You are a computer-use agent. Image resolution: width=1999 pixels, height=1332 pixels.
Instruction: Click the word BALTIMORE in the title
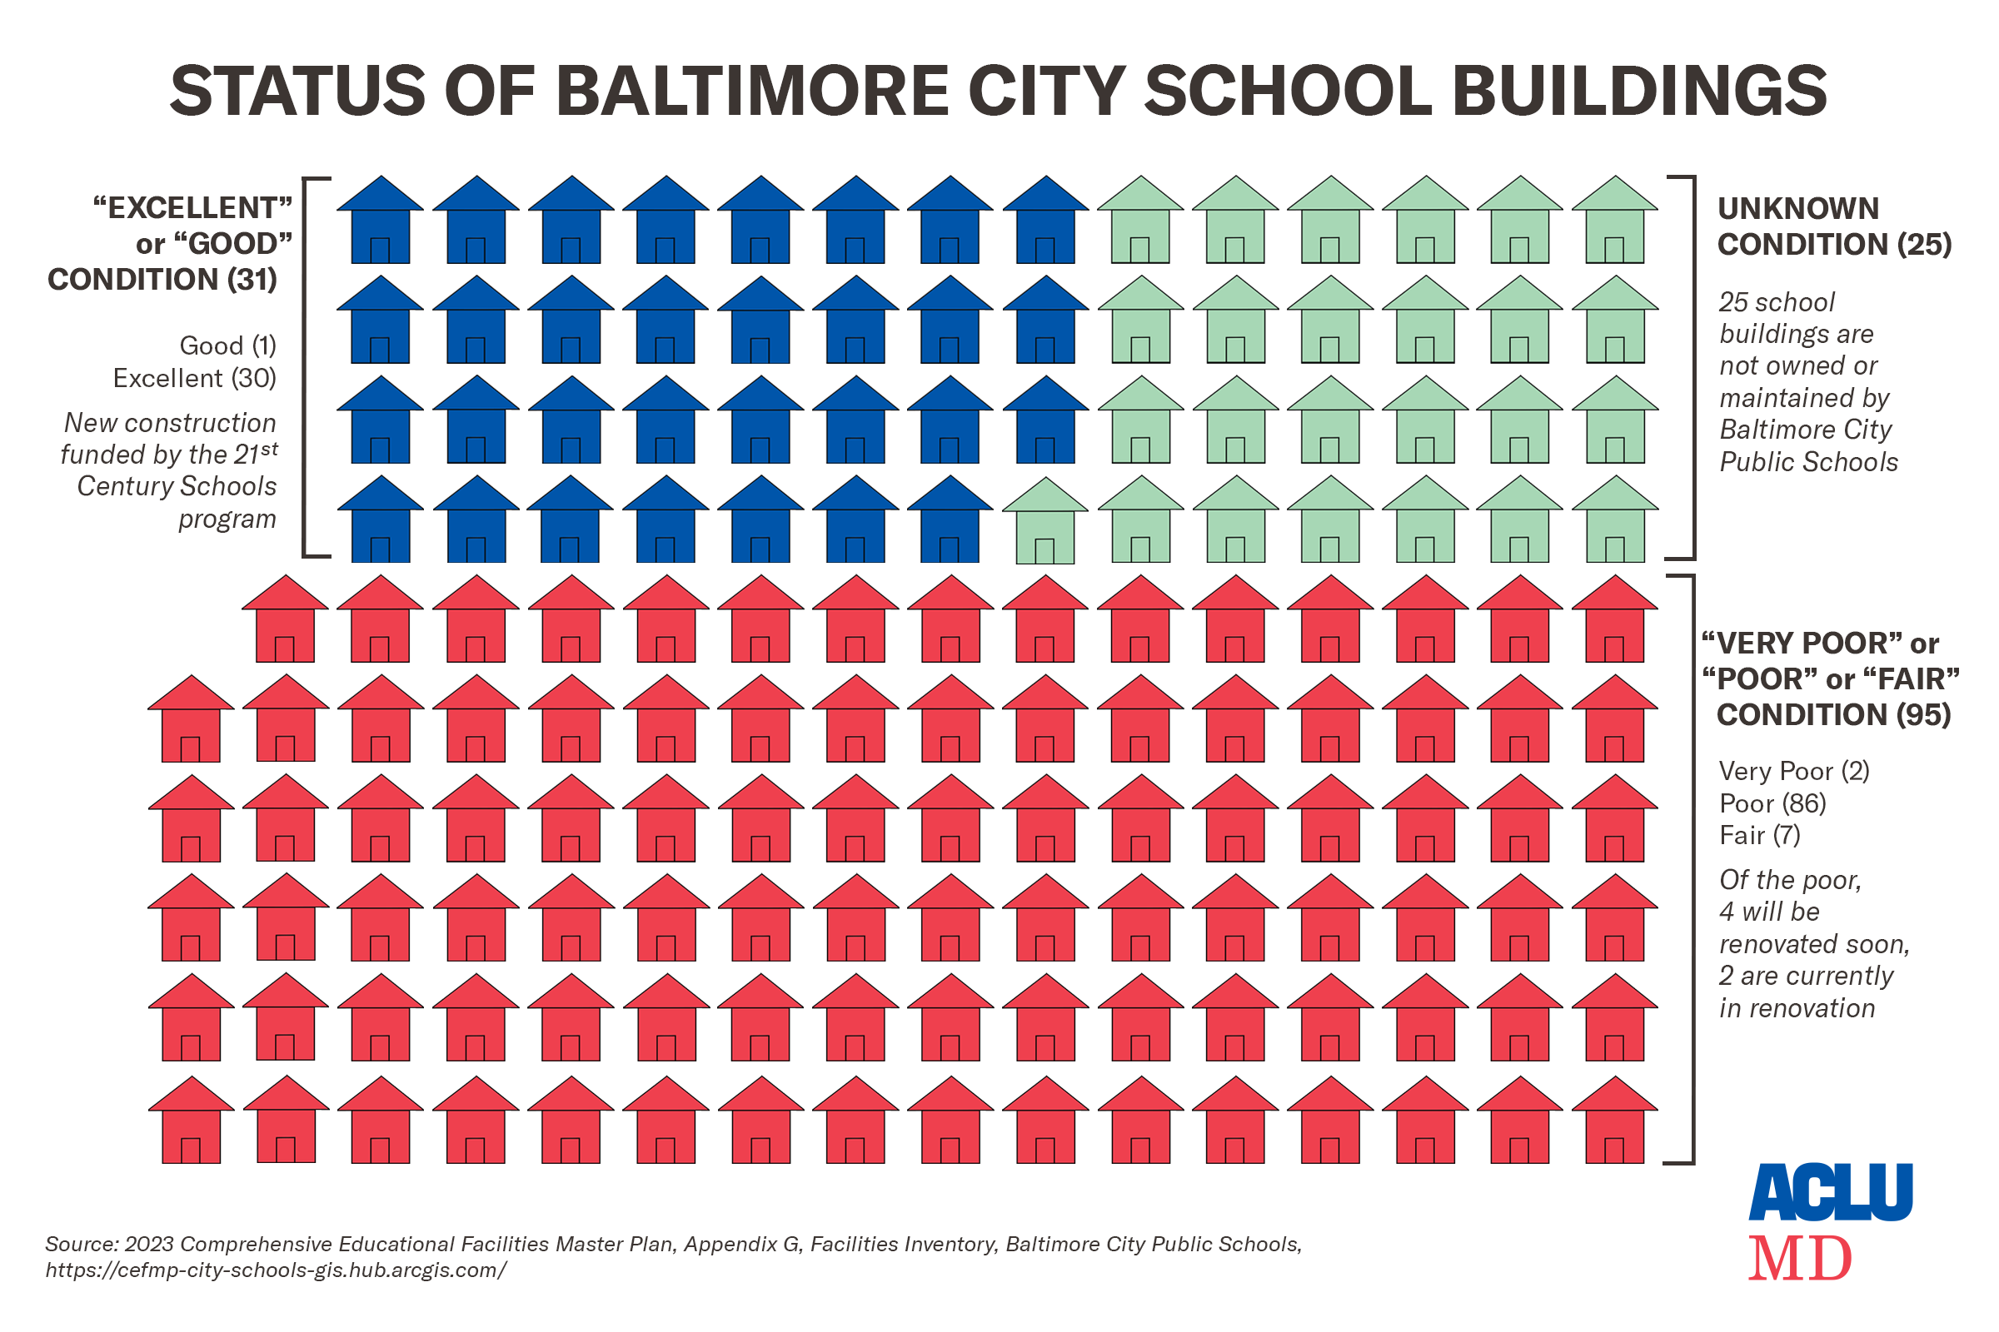click(x=751, y=91)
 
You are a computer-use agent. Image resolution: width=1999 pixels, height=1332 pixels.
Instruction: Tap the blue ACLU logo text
click(x=1831, y=1194)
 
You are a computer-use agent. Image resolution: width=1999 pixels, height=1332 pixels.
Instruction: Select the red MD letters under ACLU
click(x=1800, y=1259)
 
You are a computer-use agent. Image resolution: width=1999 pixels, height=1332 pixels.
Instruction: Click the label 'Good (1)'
click(x=227, y=345)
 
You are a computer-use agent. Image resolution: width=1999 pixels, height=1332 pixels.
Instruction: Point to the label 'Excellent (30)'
click(x=195, y=378)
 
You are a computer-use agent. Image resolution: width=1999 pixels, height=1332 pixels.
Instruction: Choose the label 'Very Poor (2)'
click(x=1793, y=772)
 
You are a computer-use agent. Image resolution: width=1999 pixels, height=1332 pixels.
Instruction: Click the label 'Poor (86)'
click(x=1772, y=803)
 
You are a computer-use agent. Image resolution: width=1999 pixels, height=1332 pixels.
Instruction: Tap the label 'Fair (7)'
click(x=1759, y=836)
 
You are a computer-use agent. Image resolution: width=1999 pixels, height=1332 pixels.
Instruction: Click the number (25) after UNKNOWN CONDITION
click(x=1924, y=245)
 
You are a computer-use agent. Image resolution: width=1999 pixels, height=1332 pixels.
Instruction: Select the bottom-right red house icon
click(x=1615, y=1122)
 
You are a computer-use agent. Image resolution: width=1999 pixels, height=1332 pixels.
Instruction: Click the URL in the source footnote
click(x=277, y=1271)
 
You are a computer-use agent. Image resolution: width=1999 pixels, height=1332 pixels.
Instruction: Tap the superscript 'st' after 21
click(x=269, y=449)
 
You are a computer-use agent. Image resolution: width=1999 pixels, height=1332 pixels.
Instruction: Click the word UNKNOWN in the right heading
click(x=1797, y=209)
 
